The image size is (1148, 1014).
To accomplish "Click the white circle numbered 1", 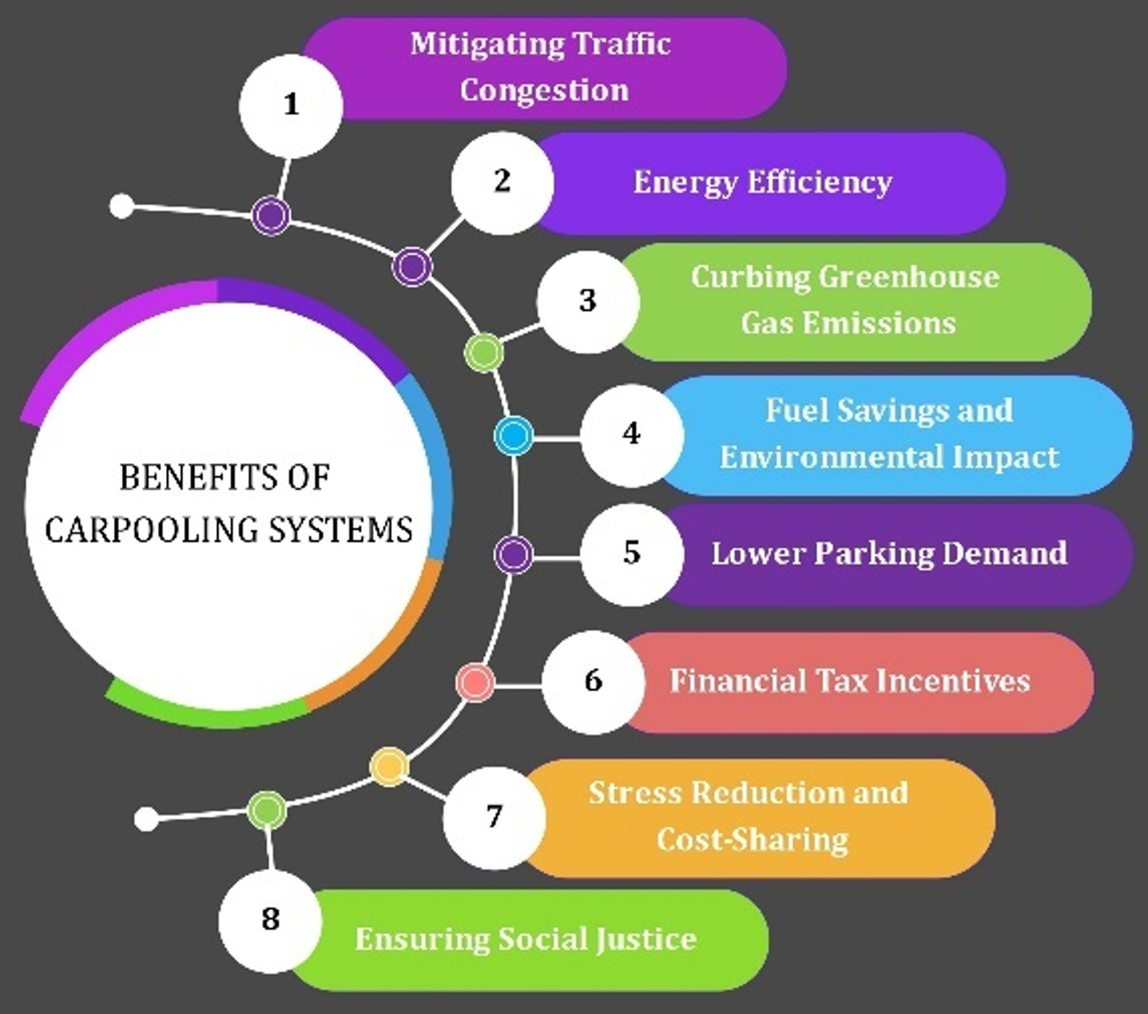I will pyautogui.click(x=290, y=105).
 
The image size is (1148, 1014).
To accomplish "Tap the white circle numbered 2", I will pyautogui.click(x=502, y=183).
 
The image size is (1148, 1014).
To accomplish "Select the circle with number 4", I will pyautogui.click(x=632, y=435).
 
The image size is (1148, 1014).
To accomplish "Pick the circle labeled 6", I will pyautogui.click(x=593, y=682).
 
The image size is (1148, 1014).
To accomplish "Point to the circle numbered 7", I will pyautogui.click(x=494, y=817).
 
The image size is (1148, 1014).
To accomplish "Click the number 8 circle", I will pyautogui.click(x=270, y=920).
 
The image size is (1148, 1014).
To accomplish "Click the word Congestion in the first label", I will pyautogui.click(x=544, y=91).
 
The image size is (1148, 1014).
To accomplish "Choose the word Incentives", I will pyautogui.click(x=953, y=681).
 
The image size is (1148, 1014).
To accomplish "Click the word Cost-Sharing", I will pyautogui.click(x=752, y=840).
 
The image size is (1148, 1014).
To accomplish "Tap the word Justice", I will pyautogui.click(x=646, y=939).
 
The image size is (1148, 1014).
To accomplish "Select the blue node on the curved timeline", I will pyautogui.click(x=513, y=436).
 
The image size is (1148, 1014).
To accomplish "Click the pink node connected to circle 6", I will pyautogui.click(x=475, y=682).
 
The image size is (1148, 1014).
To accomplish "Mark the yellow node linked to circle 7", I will pyautogui.click(x=389, y=767).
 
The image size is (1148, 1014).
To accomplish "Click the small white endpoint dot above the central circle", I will pyautogui.click(x=121, y=206).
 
